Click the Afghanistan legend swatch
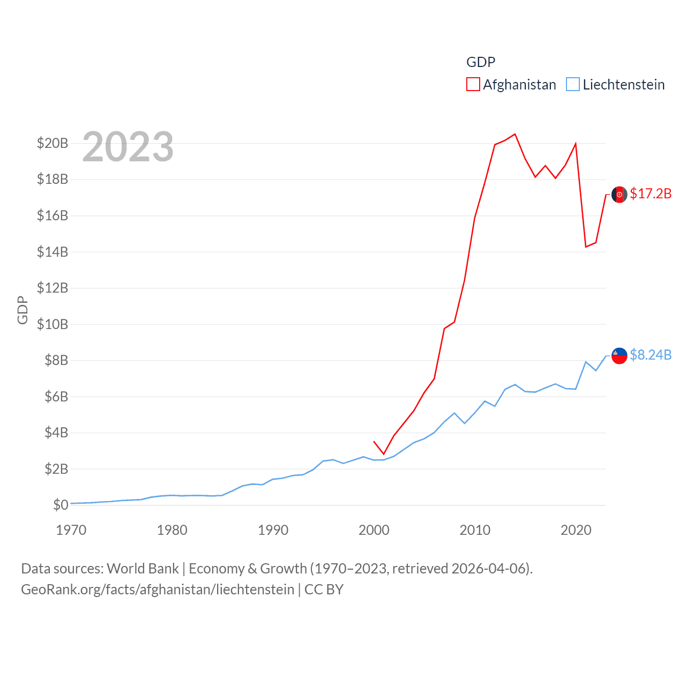tap(473, 85)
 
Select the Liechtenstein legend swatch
tap(573, 85)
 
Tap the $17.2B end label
tap(651, 193)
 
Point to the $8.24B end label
tap(651, 355)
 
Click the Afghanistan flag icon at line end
tap(620, 195)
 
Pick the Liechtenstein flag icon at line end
tap(620, 356)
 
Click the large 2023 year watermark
tap(128, 147)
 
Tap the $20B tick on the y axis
tap(53, 143)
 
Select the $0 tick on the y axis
tap(61, 505)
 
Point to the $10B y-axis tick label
tap(53, 324)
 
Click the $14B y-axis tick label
tap(53, 252)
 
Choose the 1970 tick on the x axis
tap(71, 530)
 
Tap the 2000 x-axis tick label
tap(374, 530)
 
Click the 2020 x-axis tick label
tap(576, 530)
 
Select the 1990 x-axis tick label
tap(273, 530)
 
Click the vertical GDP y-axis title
tap(23, 310)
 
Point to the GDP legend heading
tap(481, 62)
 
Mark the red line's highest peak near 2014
tap(515, 134)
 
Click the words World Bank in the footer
tap(143, 569)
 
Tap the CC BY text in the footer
tap(324, 590)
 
